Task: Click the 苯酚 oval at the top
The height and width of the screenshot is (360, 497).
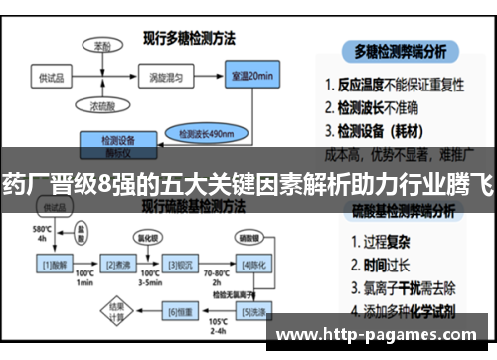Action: click(x=102, y=46)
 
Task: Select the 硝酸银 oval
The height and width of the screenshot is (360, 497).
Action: click(x=248, y=238)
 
